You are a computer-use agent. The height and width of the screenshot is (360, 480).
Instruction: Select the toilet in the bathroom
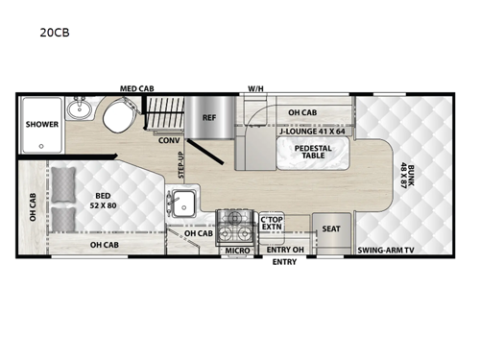[119, 119]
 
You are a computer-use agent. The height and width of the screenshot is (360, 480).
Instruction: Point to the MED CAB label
[137, 88]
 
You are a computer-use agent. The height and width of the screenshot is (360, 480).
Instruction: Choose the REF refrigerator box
[208, 119]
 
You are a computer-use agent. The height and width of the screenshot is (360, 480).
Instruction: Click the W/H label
[255, 88]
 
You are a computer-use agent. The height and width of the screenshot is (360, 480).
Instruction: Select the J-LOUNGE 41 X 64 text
[313, 132]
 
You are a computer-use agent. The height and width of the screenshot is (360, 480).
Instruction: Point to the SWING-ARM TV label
[386, 252]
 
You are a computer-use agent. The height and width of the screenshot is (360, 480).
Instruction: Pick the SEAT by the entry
[331, 228]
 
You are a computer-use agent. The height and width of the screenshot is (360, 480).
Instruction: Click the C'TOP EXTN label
[272, 226]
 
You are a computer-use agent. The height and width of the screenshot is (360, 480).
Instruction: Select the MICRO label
[236, 252]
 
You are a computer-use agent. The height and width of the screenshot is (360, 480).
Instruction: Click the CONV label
[170, 139]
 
